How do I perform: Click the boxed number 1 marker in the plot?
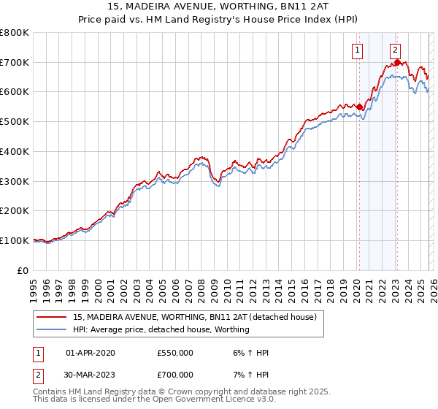point(358,50)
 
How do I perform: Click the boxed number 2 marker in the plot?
point(395,50)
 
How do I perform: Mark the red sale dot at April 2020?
point(359,107)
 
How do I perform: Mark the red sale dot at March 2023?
point(397,62)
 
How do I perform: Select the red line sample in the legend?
point(52,317)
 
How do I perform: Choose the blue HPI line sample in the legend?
point(52,329)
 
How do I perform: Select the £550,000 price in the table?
point(175,353)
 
